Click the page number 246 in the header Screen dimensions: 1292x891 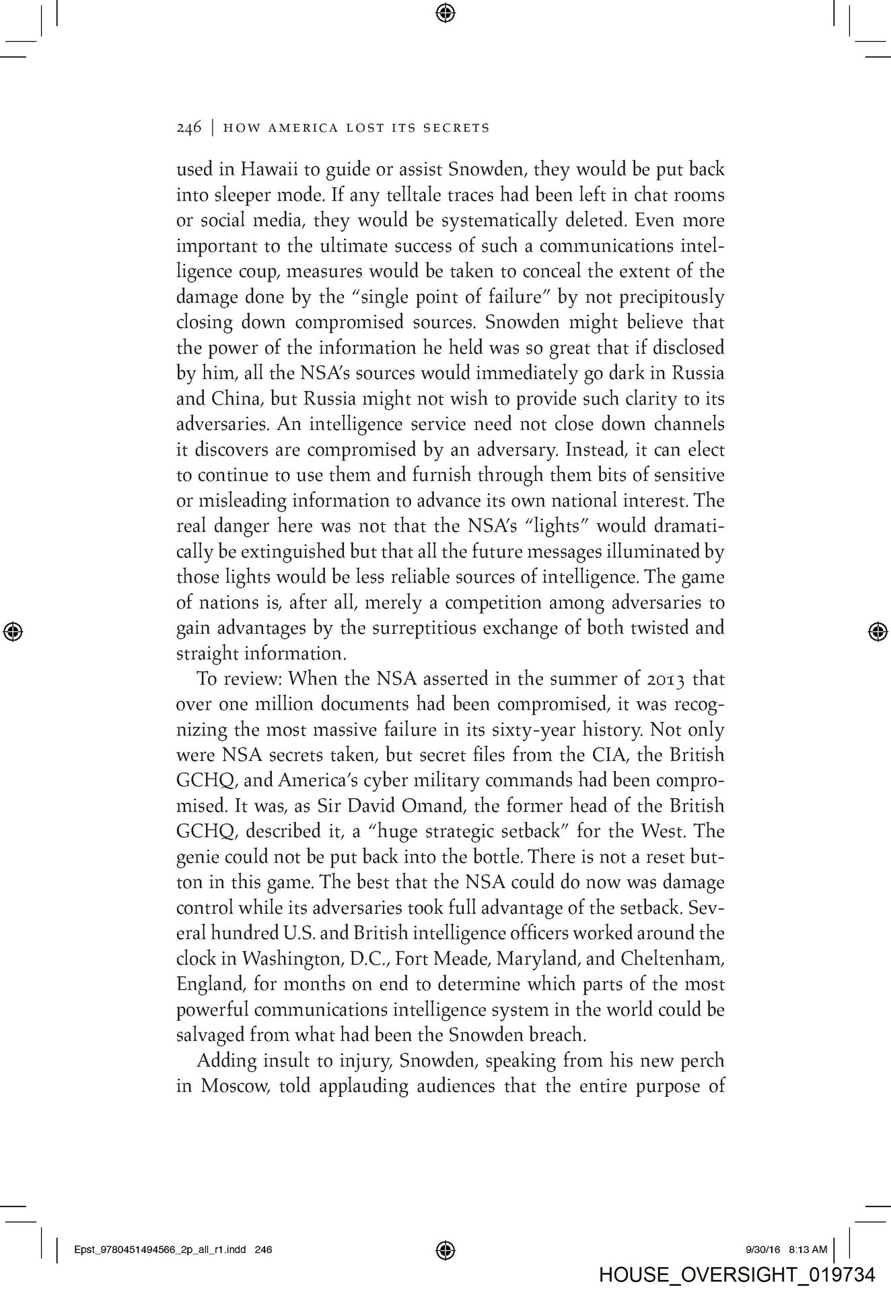click(188, 128)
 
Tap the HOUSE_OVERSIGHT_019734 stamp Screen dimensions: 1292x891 click(736, 1275)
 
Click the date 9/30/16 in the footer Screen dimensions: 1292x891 click(762, 1250)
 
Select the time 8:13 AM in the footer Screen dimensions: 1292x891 click(808, 1250)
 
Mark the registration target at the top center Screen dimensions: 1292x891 click(445, 11)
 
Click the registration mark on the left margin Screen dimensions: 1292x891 click(13, 631)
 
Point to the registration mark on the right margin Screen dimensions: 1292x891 click(876, 631)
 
